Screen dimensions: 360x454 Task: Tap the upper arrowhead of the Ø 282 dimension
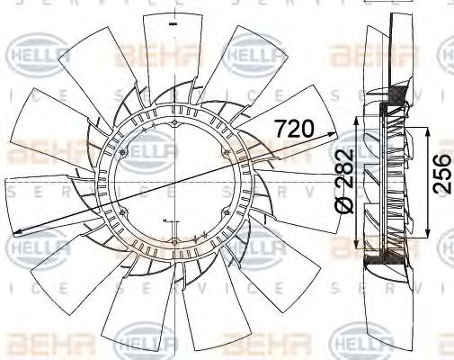click(359, 119)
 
